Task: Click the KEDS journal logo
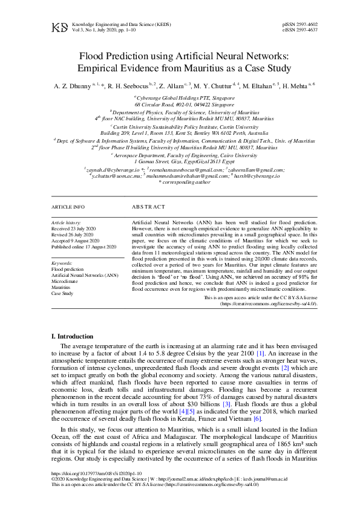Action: [x=59, y=27]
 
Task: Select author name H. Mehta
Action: [x=296, y=86]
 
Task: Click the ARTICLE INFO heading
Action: [x=68, y=207]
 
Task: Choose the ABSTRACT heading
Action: [x=148, y=207]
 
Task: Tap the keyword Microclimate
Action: [x=64, y=281]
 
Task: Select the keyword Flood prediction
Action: [x=68, y=269]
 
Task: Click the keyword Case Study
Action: [x=62, y=293]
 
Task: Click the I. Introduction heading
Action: [x=73, y=336]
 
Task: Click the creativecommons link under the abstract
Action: [x=269, y=304]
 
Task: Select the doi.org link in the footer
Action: [x=97, y=474]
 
